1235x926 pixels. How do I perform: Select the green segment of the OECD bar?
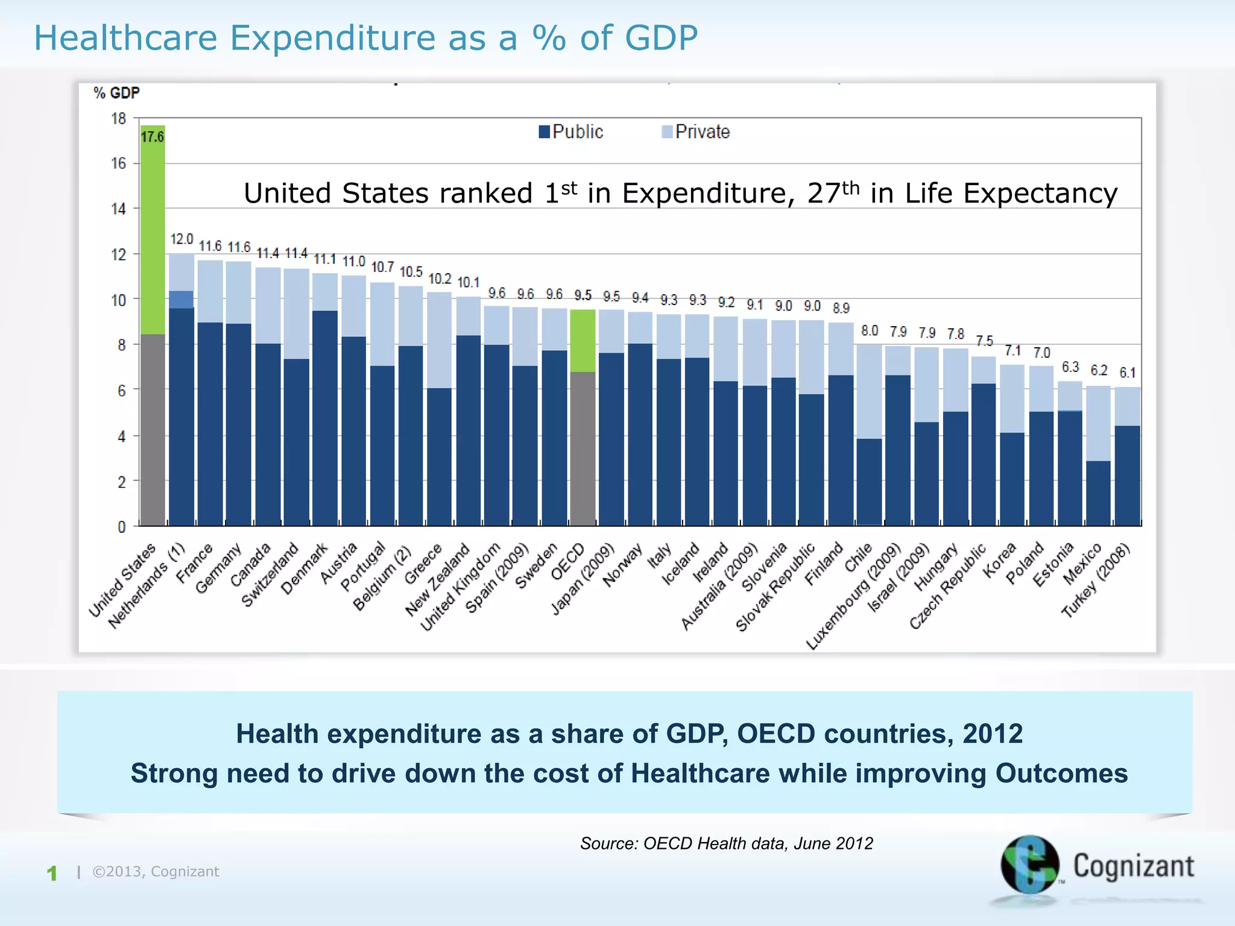click(x=583, y=341)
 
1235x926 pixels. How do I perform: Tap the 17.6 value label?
click(x=152, y=137)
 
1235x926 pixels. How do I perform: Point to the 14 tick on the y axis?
click(x=118, y=209)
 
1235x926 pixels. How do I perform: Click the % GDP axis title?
click(x=116, y=93)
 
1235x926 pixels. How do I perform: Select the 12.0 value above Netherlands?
click(x=182, y=239)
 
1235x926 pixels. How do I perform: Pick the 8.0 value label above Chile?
click(x=870, y=330)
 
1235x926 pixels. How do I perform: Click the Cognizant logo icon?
click(x=1029, y=865)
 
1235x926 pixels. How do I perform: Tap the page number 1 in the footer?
click(x=52, y=873)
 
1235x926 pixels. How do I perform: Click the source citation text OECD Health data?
click(x=726, y=843)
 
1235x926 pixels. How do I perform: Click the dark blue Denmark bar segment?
click(x=325, y=416)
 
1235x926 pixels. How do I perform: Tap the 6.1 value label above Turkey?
click(x=1127, y=373)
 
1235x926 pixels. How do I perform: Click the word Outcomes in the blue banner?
click(x=1061, y=773)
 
